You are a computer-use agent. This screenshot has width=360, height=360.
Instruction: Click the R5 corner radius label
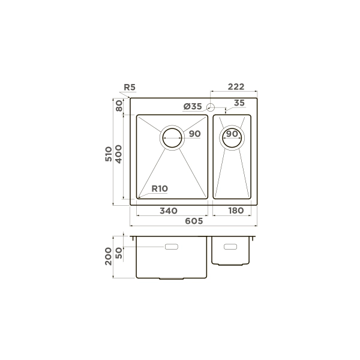(x=130, y=87)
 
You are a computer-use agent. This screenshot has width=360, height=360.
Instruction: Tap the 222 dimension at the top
(x=236, y=86)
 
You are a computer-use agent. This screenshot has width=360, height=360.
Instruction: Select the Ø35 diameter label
(x=193, y=106)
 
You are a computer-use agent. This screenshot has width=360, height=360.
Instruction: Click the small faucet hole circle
(x=211, y=107)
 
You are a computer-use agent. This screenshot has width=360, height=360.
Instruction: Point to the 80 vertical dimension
(x=119, y=106)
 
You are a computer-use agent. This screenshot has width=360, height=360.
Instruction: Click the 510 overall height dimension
(x=109, y=154)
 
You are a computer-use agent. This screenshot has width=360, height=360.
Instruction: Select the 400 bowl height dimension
(x=118, y=154)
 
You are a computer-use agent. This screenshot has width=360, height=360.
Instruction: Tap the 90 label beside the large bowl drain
(x=194, y=134)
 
